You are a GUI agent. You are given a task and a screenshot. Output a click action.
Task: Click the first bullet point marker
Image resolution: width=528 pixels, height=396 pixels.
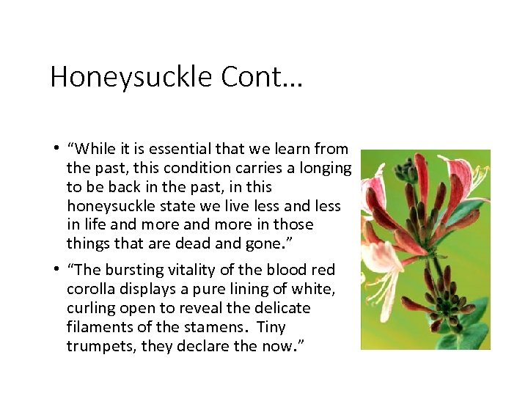click(x=56, y=149)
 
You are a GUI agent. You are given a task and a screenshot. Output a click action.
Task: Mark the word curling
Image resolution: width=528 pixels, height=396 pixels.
click(x=91, y=308)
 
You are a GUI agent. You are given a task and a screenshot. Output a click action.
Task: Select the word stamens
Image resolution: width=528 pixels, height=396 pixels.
click(x=209, y=327)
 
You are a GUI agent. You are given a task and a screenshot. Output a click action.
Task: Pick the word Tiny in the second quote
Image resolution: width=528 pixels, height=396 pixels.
click(x=269, y=327)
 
